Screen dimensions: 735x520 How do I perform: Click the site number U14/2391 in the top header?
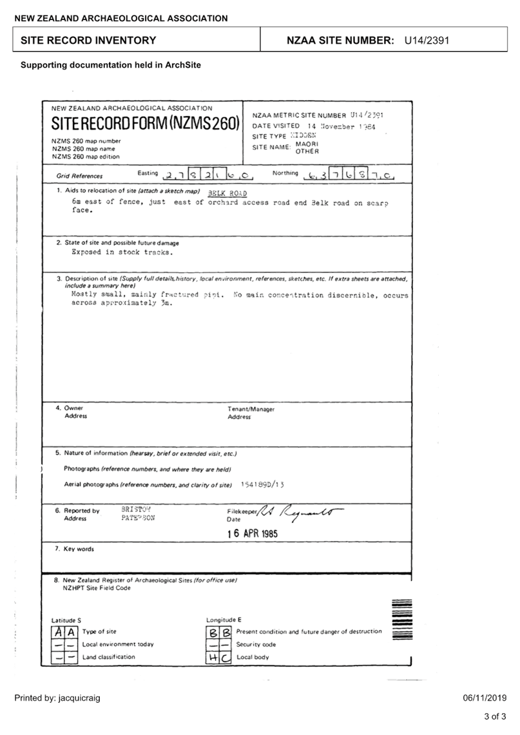(427, 41)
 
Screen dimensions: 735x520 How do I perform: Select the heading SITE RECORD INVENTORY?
(88, 41)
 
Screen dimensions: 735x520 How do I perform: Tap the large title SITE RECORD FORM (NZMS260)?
(145, 123)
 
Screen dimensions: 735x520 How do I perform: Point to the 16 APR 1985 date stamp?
(253, 534)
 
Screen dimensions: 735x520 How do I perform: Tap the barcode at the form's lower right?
(401, 620)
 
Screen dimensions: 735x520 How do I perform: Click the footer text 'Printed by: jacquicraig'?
(57, 698)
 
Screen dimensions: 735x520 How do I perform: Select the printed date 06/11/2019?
(485, 698)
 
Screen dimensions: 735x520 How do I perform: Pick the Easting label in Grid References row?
(148, 173)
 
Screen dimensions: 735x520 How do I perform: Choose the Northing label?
(285, 173)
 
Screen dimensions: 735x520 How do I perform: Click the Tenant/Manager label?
(251, 409)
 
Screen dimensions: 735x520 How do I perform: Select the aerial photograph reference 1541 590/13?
(263, 484)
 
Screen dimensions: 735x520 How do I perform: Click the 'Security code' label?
(256, 645)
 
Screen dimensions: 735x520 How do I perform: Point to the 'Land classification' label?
(108, 657)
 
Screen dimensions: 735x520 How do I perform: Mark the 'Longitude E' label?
(224, 620)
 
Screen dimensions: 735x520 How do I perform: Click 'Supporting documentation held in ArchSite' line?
(111, 65)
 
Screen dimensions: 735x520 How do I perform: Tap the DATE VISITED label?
(276, 126)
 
